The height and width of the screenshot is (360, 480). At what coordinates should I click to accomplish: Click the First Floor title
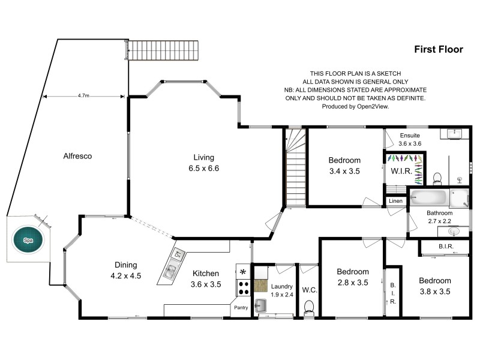coord(439,50)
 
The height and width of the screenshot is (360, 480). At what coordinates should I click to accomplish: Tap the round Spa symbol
coord(28,239)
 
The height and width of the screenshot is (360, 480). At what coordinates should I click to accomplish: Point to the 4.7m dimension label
coord(85,95)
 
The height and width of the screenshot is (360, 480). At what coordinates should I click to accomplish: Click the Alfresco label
coord(77,156)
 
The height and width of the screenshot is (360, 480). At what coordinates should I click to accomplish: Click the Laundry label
coord(281,286)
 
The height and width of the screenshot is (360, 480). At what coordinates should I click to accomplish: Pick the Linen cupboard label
coord(395,200)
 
